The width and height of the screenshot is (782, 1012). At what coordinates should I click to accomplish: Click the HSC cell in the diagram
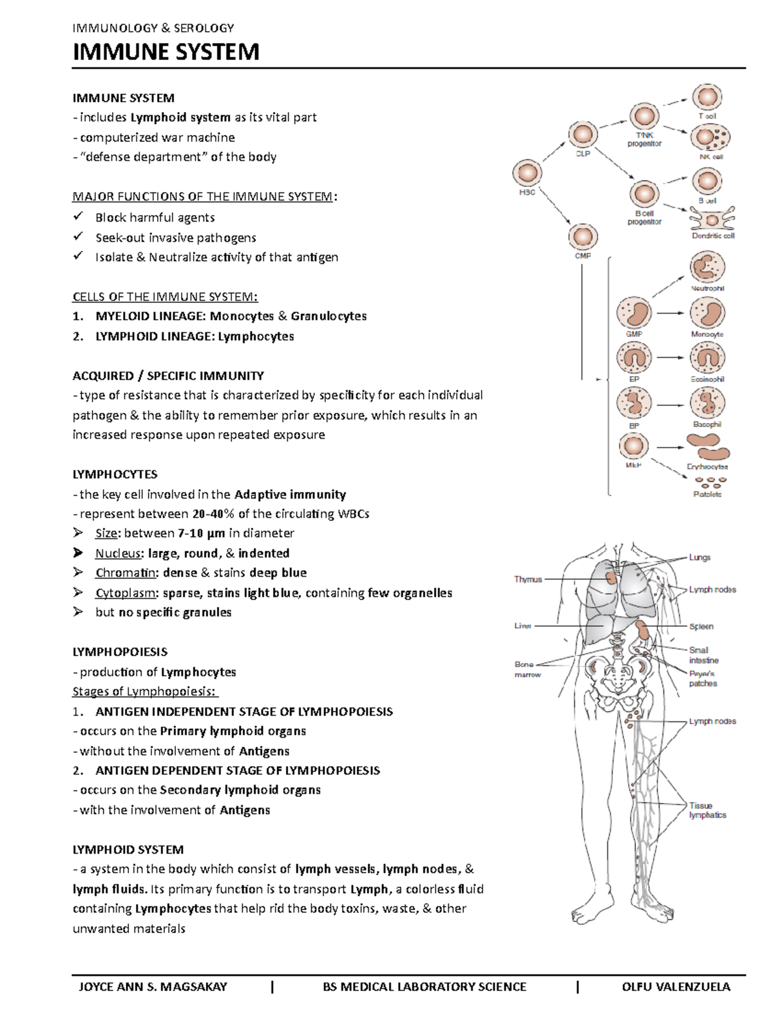click(x=527, y=174)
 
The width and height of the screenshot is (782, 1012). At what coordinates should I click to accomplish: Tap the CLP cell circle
click(x=582, y=136)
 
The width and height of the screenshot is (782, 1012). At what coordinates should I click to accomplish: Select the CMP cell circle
click(x=582, y=237)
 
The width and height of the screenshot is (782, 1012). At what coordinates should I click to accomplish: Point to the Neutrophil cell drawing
click(x=707, y=268)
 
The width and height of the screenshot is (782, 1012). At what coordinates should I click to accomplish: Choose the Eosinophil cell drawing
click(x=707, y=358)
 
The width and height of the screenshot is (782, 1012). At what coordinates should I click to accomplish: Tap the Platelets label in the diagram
click(x=707, y=495)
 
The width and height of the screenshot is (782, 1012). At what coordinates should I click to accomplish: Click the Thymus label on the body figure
click(x=528, y=579)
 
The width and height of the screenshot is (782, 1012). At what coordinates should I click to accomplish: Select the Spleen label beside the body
click(x=701, y=626)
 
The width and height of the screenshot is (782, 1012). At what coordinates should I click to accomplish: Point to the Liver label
click(x=523, y=626)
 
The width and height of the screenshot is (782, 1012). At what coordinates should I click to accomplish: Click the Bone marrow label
click(x=527, y=669)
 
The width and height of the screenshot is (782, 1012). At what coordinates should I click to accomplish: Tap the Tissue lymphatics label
click(x=707, y=810)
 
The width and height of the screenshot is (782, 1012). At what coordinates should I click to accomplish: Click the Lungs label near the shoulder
click(x=700, y=557)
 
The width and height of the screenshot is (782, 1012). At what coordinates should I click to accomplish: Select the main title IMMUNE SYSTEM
click(x=166, y=51)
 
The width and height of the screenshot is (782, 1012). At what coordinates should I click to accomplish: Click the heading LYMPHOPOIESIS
click(x=120, y=652)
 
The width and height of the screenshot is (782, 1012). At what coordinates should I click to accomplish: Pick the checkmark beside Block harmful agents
click(x=78, y=216)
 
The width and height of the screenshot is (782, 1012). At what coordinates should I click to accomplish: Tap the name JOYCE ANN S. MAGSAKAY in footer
click(x=152, y=987)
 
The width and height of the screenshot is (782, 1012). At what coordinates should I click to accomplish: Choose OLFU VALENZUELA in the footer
click(x=676, y=987)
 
